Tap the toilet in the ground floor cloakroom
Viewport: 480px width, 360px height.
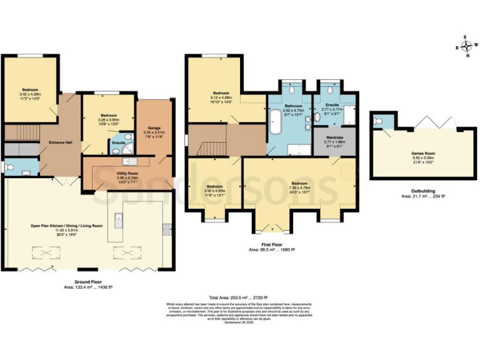[x=6, y=167]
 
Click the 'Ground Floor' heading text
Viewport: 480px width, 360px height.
[x=87, y=281]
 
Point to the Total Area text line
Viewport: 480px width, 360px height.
[x=238, y=297]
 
